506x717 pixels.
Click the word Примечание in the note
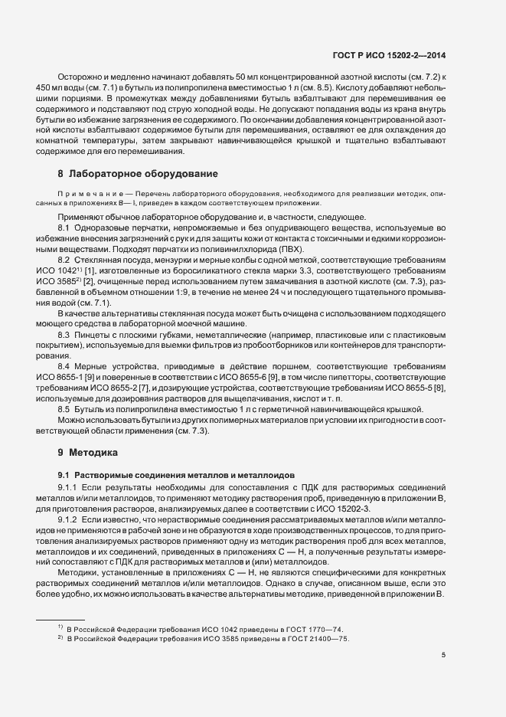[84, 196]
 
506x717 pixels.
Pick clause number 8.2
[64, 262]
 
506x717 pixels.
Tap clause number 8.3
[64, 335]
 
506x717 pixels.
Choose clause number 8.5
[64, 410]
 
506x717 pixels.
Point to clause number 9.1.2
[67, 519]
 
